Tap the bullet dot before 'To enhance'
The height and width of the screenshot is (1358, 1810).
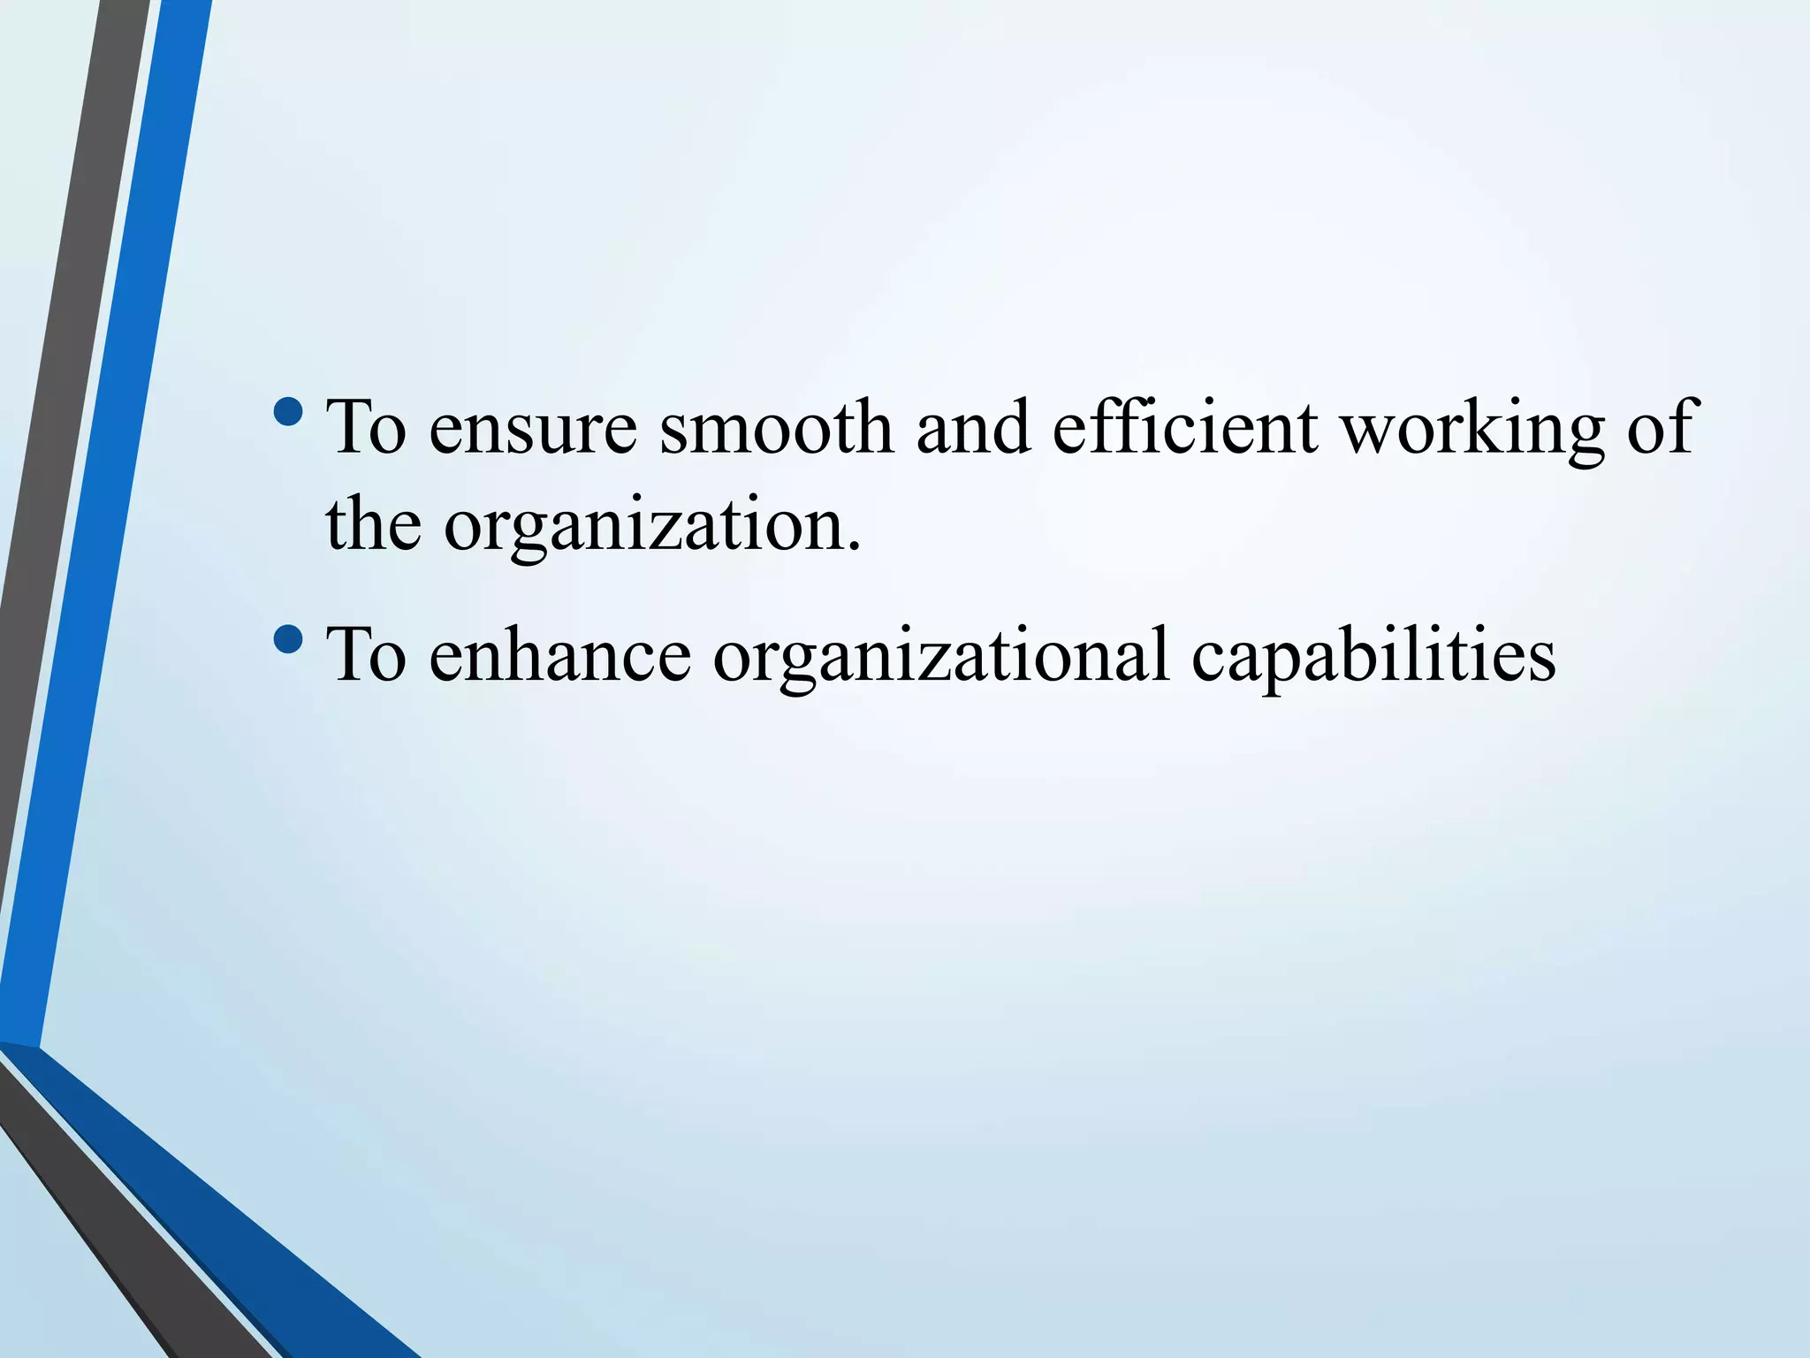(x=288, y=637)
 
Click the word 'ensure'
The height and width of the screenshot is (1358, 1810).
(x=533, y=430)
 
